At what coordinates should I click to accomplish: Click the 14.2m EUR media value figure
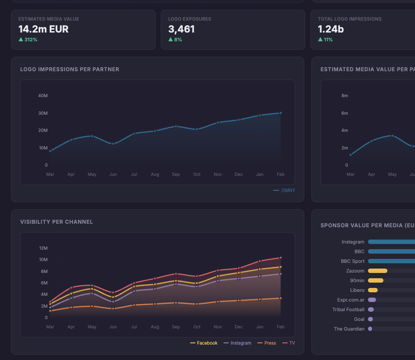pos(43,29)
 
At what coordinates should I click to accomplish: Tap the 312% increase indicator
pos(28,40)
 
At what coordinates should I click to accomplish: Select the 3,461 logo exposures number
pos(181,29)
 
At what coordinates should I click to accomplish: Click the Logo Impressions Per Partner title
pos(70,69)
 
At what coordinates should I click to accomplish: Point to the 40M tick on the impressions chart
pos(43,96)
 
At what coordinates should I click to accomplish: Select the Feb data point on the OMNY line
pos(281,113)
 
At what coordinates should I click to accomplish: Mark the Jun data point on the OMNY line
pos(113,144)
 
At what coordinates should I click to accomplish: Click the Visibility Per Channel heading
pos(57,222)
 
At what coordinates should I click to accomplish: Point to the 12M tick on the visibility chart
pos(43,248)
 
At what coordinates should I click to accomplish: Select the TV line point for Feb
pos(281,258)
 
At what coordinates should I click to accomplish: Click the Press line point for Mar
pos(50,311)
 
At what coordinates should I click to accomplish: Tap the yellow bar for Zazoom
pos(378,271)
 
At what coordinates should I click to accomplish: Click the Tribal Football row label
pos(348,309)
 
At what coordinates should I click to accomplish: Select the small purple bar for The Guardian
pos(370,329)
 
